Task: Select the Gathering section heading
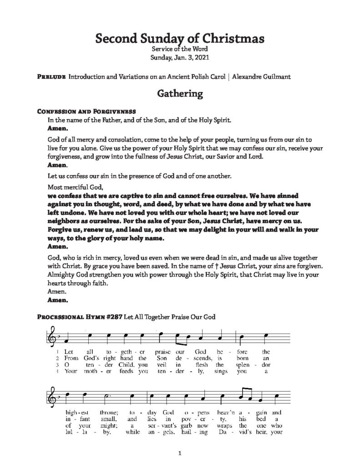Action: click(179, 94)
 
